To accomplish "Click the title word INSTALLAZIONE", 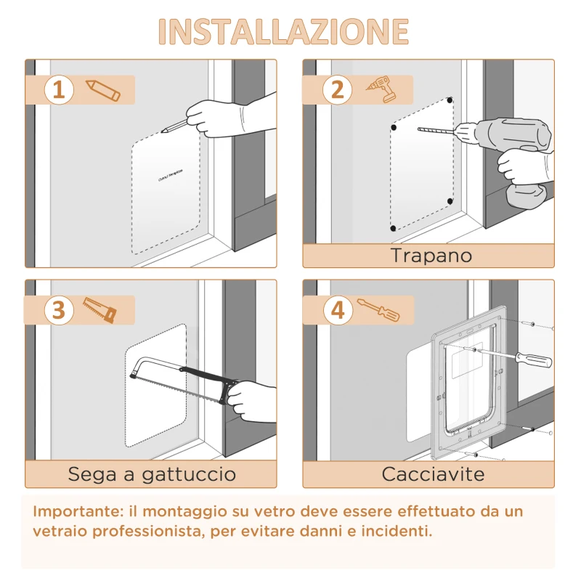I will tap(283, 31).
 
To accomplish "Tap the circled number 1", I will tap(60, 90).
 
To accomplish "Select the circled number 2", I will tap(337, 90).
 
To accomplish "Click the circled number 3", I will tap(60, 311).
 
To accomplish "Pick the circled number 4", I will tap(337, 311).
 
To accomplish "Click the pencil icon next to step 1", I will tap(103, 90).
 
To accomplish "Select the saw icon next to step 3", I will tap(99, 310).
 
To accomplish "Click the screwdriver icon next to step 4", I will tap(378, 311).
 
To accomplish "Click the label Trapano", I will tap(431, 256).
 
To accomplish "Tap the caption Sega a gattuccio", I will tap(152, 475).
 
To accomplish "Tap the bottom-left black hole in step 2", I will tap(394, 229).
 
